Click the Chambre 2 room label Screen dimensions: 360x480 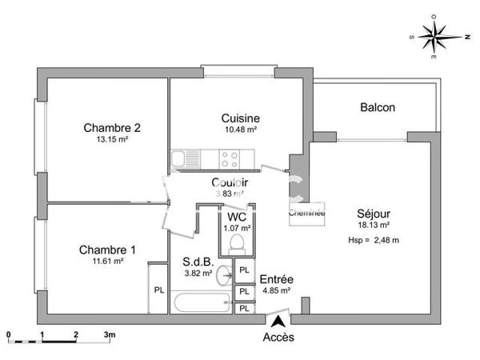[112, 126]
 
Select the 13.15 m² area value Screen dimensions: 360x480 [112, 138]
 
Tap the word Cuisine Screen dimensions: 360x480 [241, 118]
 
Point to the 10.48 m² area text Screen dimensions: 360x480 [241, 130]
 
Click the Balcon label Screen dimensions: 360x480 [378, 107]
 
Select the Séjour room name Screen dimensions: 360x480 [374, 214]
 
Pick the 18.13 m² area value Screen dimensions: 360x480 [374, 226]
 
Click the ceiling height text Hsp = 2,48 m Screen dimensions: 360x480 [374, 240]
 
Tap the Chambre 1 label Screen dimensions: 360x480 [107, 250]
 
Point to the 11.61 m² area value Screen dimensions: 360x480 [107, 261]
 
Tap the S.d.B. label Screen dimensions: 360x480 [198, 261]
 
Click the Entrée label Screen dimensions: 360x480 [275, 278]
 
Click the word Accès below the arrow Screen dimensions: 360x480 [278, 337]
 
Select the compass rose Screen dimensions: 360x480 [436, 36]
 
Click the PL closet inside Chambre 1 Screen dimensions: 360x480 [159, 289]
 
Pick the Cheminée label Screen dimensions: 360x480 [307, 213]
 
